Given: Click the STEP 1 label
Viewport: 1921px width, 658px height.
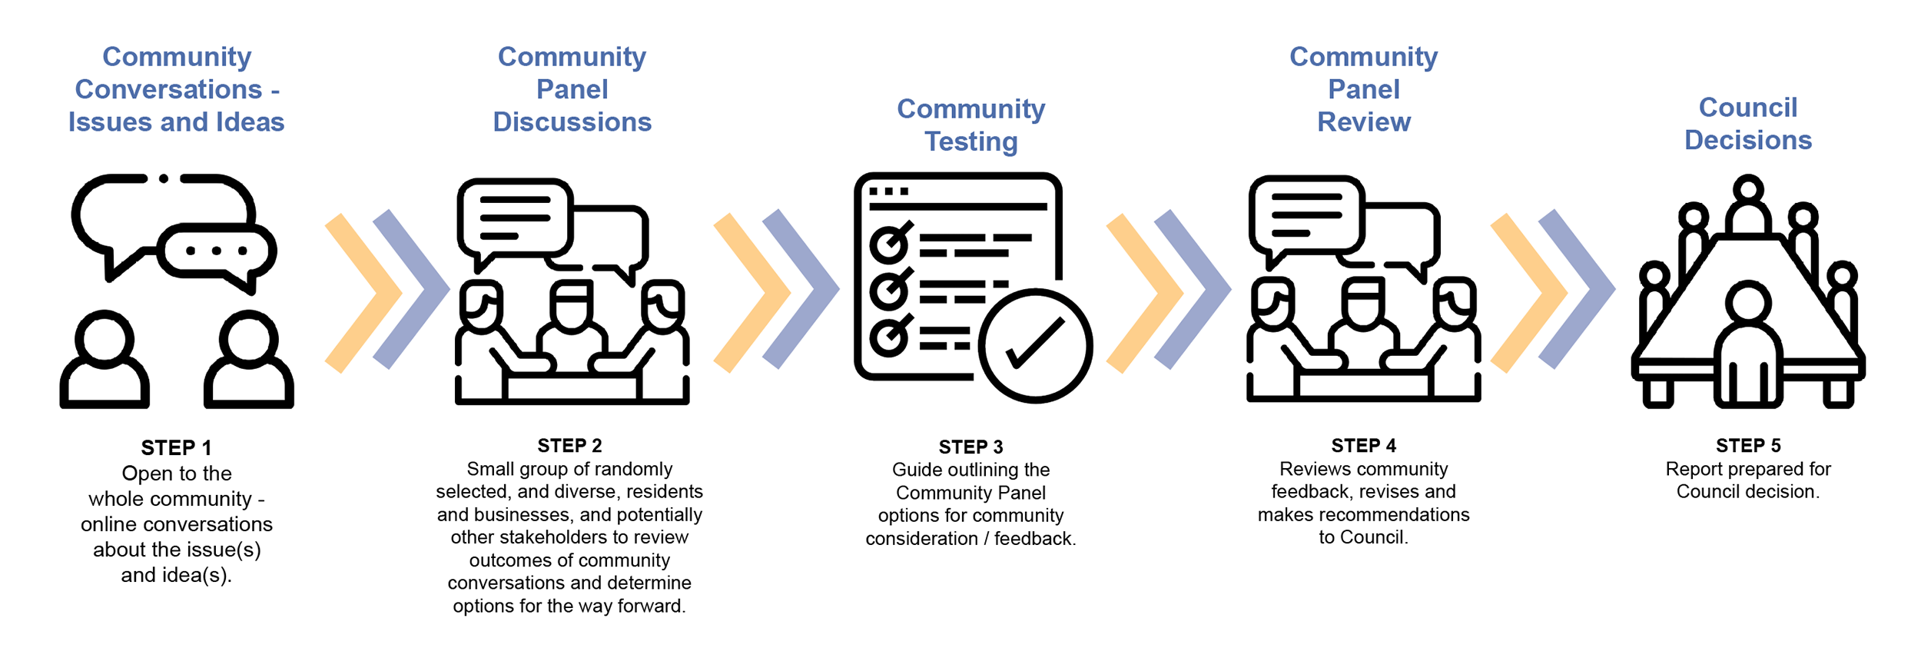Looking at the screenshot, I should click(176, 447).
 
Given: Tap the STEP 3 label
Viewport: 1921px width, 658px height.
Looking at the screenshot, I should click(970, 447).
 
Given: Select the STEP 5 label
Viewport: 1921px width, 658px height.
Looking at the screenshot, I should click(1748, 446).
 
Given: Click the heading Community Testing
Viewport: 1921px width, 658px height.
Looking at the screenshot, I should click(970, 125).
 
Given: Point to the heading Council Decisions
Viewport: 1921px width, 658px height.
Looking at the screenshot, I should click(1748, 123).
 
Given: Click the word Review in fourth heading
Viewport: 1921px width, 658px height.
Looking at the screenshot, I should click(1364, 121).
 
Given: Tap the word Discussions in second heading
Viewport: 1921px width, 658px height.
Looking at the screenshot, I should click(572, 121).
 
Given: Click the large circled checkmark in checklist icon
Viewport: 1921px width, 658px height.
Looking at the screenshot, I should click(1035, 346).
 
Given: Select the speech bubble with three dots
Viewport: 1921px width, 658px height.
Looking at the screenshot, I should click(217, 251).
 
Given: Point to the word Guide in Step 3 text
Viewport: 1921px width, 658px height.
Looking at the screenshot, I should click(917, 470).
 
